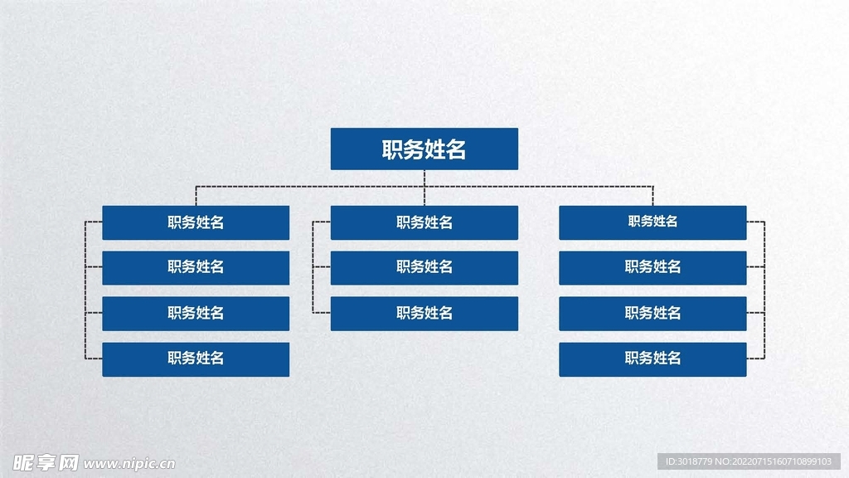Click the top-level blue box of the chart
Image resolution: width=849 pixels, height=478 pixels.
424,149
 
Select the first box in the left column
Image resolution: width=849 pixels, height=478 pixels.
196,222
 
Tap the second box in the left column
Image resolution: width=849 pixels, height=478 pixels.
196,267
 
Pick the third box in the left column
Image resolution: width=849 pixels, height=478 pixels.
196,313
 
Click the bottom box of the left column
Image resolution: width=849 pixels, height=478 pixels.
196,358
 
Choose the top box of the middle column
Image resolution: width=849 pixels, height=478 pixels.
424,222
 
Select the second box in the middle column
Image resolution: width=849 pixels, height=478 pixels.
424,267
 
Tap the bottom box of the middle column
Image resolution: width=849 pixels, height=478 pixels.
424,313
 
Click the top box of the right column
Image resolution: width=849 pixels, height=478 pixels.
653,222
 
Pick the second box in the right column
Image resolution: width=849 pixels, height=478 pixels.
653,267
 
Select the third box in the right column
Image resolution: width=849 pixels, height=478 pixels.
653,313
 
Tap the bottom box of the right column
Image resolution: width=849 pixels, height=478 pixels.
653,358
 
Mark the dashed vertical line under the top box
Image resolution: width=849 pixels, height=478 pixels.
424,178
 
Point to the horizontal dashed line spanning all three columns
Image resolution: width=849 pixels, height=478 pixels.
315,187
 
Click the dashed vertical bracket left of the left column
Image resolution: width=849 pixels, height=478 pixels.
85,290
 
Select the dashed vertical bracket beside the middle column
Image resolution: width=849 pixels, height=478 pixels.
313,267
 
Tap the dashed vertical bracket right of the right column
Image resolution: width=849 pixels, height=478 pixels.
764,290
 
